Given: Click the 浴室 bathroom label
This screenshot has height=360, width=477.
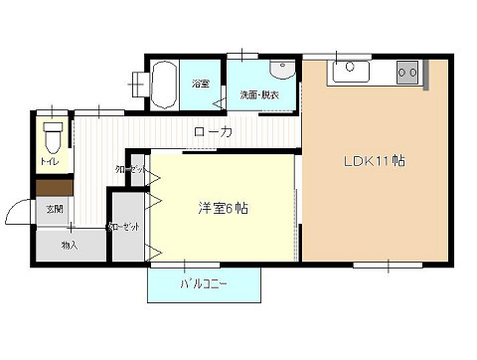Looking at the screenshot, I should coord(201,84).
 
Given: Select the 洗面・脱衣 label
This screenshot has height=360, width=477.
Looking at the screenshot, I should coord(259,94).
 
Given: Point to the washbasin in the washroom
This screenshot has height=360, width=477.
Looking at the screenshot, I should coord(281,70).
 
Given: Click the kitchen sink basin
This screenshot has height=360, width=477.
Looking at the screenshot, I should coord(351,72).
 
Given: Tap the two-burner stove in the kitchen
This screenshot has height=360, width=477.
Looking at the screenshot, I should coord(408,72).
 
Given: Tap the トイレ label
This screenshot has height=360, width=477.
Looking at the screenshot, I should coord(49,160).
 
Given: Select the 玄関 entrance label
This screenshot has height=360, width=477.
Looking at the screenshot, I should coord(54,209).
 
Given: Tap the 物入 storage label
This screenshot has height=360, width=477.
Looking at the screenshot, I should coord(70,244).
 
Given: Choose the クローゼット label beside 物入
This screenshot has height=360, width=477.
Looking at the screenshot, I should coord(129,227).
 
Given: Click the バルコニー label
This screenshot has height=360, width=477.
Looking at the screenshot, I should coord(204,284).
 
